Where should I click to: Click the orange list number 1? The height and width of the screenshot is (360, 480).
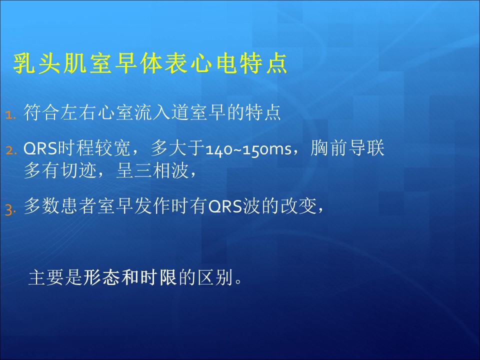(10, 115)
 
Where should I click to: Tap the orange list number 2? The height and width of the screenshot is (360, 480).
(11, 150)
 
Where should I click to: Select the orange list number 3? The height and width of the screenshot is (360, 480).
(10, 210)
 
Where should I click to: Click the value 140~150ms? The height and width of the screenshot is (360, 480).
(248, 149)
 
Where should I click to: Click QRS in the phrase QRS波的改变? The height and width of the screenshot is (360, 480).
(225, 206)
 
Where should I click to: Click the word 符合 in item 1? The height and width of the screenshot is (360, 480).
(41, 112)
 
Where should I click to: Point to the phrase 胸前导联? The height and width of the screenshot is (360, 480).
(347, 148)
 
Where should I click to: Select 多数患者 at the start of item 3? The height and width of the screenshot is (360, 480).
(60, 205)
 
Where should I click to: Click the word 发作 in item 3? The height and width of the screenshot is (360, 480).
(152, 205)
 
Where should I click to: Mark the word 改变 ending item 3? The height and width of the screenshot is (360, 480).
(299, 205)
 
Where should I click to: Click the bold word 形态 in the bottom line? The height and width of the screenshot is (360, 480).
(101, 277)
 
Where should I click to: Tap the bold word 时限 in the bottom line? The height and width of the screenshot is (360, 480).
(158, 277)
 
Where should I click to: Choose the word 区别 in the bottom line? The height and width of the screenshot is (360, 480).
(215, 277)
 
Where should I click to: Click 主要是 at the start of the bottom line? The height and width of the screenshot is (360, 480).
(55, 277)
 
